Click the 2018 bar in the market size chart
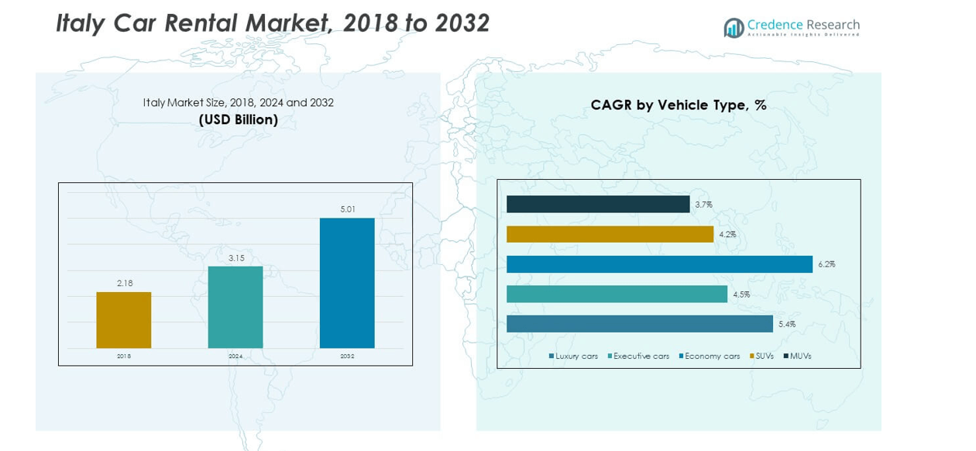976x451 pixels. click(x=124, y=320)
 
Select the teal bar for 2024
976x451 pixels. click(x=235, y=307)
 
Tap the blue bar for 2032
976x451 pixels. click(x=347, y=283)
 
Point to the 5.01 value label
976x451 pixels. click(x=347, y=209)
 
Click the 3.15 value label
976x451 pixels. click(x=235, y=258)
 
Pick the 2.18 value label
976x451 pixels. click(x=125, y=284)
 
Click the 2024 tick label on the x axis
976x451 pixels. click(x=235, y=356)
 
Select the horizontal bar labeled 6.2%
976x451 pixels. click(x=659, y=264)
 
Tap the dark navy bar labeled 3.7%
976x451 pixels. click(x=598, y=204)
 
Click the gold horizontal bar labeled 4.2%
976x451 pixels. click(x=610, y=234)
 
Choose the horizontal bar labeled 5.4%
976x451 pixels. click(x=640, y=324)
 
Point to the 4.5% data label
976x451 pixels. click(x=741, y=294)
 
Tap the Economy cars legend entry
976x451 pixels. click(x=710, y=356)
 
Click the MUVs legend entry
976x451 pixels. click(x=798, y=356)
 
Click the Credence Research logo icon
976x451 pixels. click(x=734, y=28)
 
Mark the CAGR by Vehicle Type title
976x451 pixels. click(x=679, y=105)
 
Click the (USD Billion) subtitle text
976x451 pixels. click(x=238, y=120)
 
